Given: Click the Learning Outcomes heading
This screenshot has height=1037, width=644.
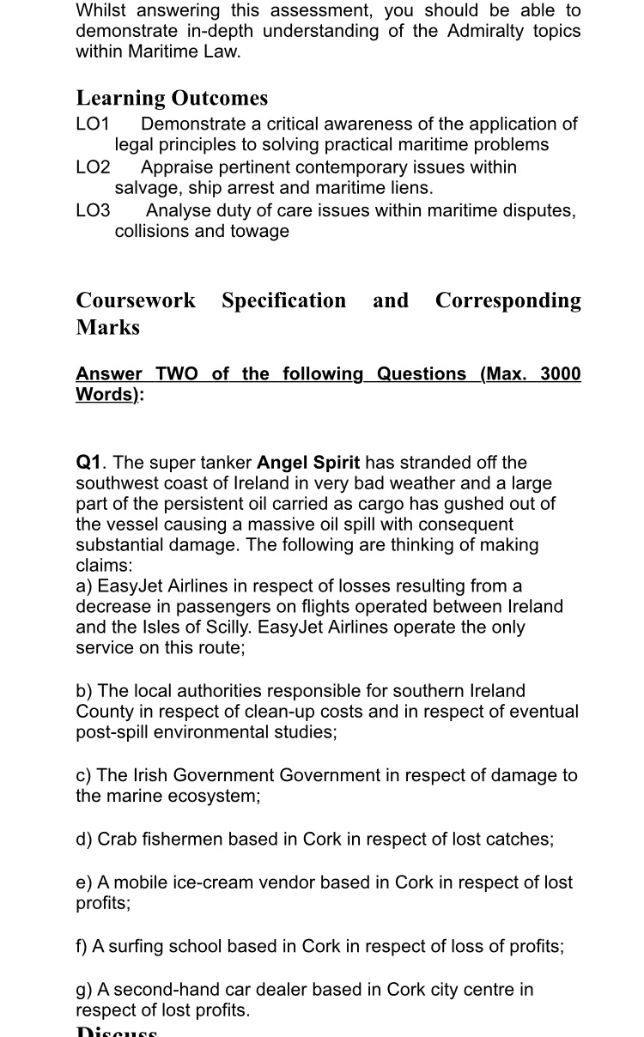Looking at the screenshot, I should pyautogui.click(x=172, y=98).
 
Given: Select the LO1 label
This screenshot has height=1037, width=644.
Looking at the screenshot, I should pyautogui.click(x=93, y=124).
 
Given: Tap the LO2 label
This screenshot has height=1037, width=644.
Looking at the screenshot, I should pyautogui.click(x=93, y=167).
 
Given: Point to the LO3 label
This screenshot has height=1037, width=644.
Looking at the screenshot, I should pyautogui.click(x=93, y=209).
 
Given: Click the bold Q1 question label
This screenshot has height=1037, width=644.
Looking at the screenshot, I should pyautogui.click(x=89, y=463).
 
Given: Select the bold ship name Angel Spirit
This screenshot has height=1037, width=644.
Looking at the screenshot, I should pyautogui.click(x=308, y=463).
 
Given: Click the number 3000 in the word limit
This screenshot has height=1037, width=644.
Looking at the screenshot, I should pyautogui.click(x=561, y=373).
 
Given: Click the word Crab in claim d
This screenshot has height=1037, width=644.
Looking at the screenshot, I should pyautogui.click(x=116, y=839).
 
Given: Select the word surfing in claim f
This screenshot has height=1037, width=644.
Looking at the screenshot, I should pyautogui.click(x=133, y=946).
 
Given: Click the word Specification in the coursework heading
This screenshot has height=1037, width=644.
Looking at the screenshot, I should pyautogui.click(x=283, y=300).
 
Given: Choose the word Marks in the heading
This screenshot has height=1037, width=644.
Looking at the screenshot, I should pyautogui.click(x=107, y=327).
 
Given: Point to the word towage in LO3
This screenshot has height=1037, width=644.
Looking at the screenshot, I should pyautogui.click(x=257, y=230).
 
